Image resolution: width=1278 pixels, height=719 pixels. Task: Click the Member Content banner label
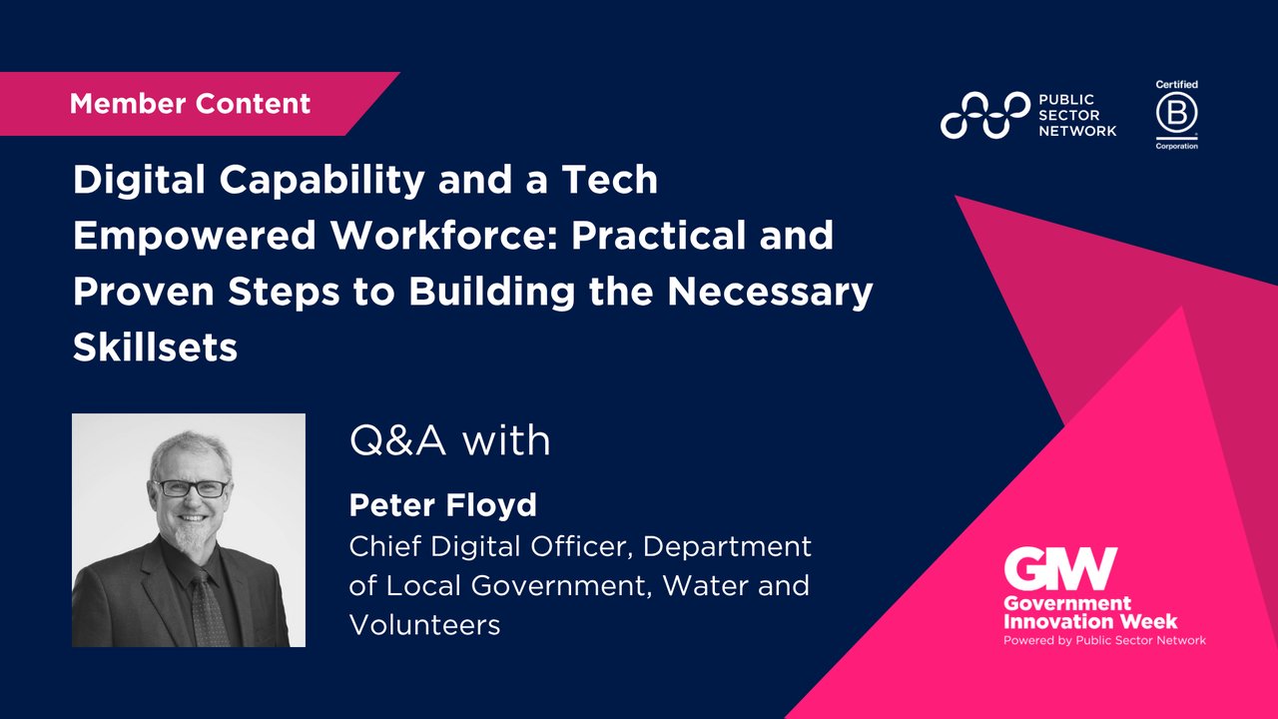[190, 104]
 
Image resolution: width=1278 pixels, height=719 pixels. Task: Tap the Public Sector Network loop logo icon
[984, 115]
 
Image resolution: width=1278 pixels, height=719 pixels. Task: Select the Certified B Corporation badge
[1176, 115]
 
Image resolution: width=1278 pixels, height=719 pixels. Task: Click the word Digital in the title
[134, 180]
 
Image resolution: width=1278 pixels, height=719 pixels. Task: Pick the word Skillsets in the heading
[155, 348]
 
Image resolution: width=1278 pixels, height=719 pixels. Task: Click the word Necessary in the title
[763, 293]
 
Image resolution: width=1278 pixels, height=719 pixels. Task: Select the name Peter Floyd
[442, 505]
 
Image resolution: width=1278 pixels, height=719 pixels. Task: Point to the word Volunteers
[424, 625]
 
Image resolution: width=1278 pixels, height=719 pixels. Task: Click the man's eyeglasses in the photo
[193, 489]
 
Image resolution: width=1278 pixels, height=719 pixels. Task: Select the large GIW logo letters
[1060, 570]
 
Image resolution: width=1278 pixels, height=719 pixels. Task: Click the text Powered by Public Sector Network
[1104, 640]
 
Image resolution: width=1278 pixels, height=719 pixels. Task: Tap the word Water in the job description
[708, 586]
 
